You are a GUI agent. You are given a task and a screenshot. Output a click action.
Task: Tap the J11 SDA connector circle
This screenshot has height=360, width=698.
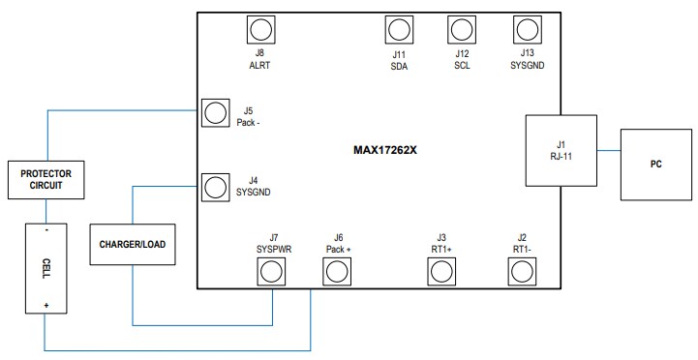coord(397,29)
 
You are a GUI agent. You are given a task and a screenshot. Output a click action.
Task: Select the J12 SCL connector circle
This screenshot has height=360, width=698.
coord(461,29)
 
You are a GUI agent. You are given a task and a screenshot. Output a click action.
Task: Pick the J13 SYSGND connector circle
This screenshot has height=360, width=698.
coord(526,29)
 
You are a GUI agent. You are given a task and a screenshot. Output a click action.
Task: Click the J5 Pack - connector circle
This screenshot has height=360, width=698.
coord(214,114)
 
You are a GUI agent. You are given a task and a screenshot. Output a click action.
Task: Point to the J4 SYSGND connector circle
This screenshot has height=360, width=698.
coord(214,184)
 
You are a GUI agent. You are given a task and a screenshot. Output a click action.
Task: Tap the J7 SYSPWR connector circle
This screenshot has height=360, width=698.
coord(272,273)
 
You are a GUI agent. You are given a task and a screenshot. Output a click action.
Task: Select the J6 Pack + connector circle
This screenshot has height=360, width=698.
coord(336,273)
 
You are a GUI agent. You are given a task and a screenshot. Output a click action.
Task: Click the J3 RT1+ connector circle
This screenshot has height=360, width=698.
coord(441,273)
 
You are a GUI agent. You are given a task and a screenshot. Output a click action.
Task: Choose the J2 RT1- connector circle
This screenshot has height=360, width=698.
coord(523,273)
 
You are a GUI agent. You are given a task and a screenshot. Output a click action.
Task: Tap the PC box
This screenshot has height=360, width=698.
coord(655,164)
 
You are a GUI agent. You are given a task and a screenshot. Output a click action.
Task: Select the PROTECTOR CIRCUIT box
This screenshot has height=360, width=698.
coord(46,177)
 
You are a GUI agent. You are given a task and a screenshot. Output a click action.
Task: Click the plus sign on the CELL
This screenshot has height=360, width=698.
coord(46,305)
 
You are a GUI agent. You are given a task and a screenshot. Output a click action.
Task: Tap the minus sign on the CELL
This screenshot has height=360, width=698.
coord(46,229)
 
